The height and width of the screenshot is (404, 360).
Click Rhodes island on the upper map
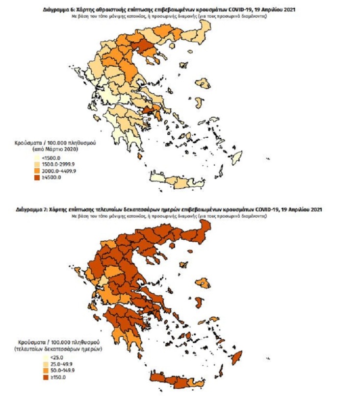237,157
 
